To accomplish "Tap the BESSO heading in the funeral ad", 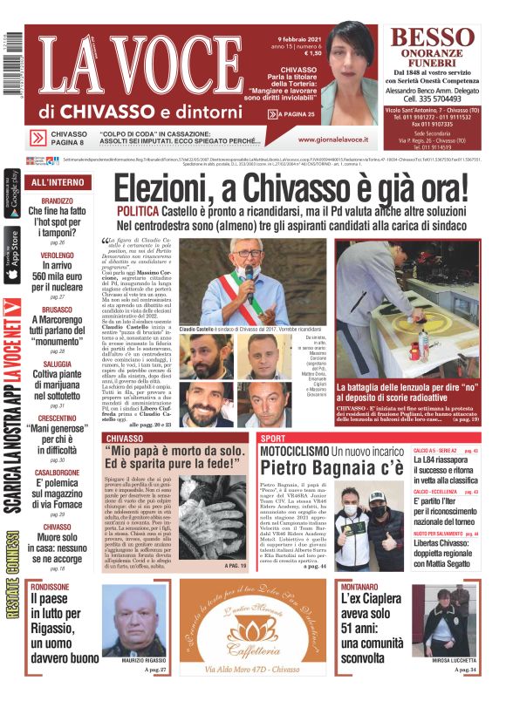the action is coord(437,38).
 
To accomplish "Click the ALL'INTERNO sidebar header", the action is coord(58,183).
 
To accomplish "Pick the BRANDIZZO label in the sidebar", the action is coord(57,201).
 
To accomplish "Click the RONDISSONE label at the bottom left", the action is coord(50,588).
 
